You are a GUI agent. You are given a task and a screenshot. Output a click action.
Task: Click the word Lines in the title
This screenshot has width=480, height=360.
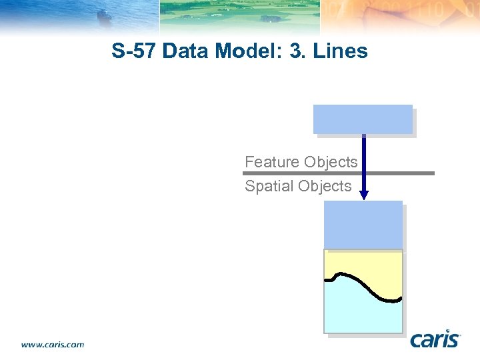coord(341,51)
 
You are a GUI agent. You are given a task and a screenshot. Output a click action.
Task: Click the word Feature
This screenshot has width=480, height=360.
coord(272,162)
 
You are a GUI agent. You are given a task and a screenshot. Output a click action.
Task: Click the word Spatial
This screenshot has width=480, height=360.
coord(269,186)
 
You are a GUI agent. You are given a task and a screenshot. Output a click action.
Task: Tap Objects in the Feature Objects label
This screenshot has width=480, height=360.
coord(331,162)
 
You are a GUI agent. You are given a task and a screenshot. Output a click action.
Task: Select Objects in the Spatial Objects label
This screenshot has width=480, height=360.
coord(325,186)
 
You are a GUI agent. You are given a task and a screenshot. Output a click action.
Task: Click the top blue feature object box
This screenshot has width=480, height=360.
coord(363,119)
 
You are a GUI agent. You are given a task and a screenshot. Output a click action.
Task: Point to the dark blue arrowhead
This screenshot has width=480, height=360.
coord(363,195)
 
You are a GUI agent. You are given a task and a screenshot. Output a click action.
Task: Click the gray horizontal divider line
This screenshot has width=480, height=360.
coord(400,173)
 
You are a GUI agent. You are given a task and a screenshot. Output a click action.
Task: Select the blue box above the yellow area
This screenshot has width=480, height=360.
coord(363,225)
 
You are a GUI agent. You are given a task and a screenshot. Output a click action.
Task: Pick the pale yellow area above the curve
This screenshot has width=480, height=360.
coord(373,263)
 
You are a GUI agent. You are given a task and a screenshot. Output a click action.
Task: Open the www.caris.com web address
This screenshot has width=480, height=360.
coord(53,345)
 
